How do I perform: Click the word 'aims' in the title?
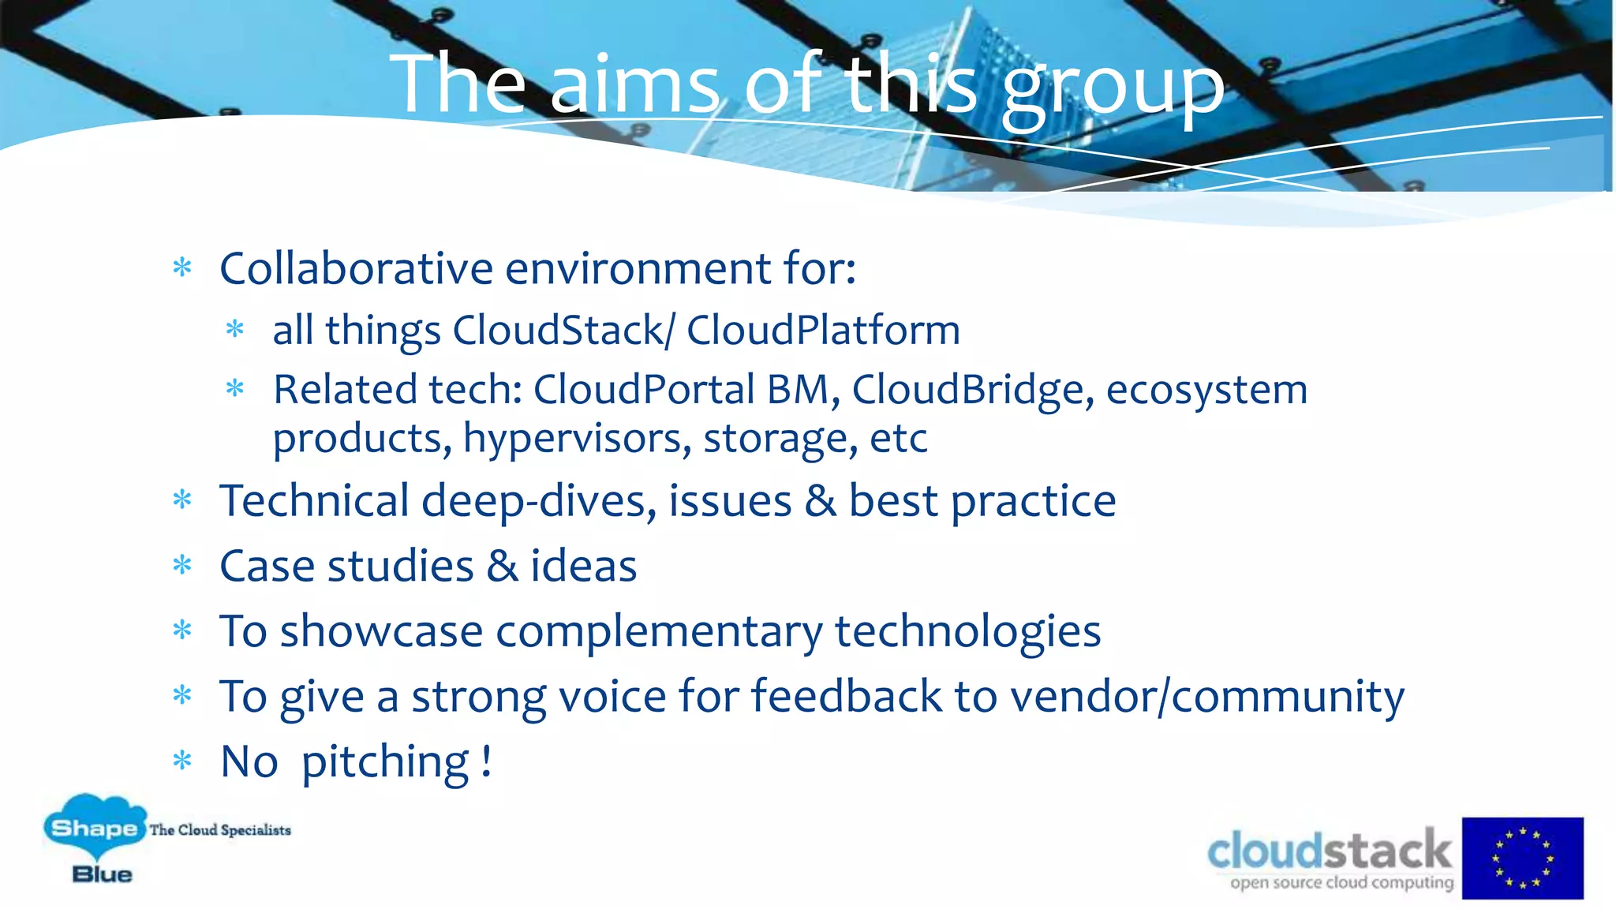pyautogui.click(x=634, y=84)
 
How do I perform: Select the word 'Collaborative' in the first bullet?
pyautogui.click(x=356, y=268)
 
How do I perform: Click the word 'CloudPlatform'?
pyautogui.click(x=823, y=330)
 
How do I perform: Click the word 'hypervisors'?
pyautogui.click(x=577, y=439)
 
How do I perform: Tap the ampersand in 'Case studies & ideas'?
pyautogui.click(x=503, y=567)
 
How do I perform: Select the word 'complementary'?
pyautogui.click(x=659, y=632)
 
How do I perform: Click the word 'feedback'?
pyautogui.click(x=846, y=696)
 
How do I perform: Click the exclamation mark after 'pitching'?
pyautogui.click(x=487, y=761)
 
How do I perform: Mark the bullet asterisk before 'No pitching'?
pyautogui.click(x=182, y=761)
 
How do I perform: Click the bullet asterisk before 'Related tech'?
pyautogui.click(x=235, y=388)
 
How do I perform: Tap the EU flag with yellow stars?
pyautogui.click(x=1522, y=858)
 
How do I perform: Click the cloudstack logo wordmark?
pyautogui.click(x=1329, y=851)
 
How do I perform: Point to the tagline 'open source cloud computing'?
pyautogui.click(x=1341, y=882)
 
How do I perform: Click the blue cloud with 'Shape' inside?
pyautogui.click(x=95, y=826)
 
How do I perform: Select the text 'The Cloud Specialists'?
pyautogui.click(x=220, y=830)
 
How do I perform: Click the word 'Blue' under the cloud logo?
pyautogui.click(x=102, y=874)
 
